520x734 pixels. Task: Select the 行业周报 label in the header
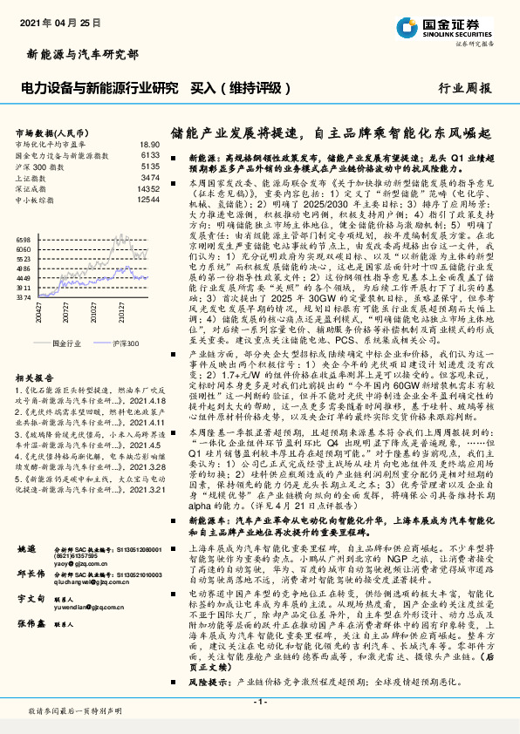point(464,88)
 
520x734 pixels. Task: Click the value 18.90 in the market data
point(149,143)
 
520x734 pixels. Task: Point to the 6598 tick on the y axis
point(24,239)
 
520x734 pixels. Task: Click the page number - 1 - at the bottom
point(259,701)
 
